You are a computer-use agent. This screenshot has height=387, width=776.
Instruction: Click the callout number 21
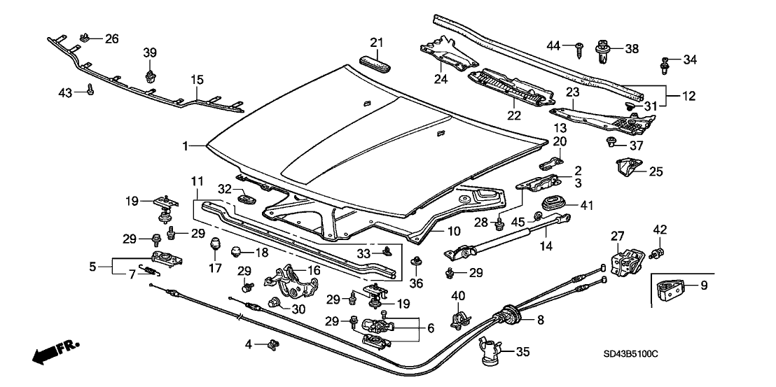click(x=377, y=44)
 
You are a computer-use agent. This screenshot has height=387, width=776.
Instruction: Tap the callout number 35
click(x=525, y=352)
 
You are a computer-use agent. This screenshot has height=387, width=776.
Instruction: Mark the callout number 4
click(x=249, y=344)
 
